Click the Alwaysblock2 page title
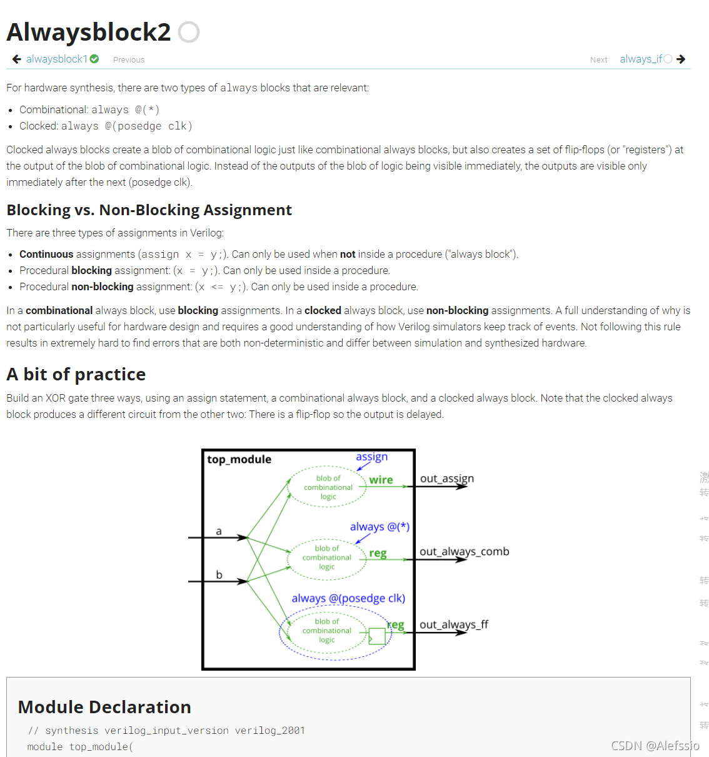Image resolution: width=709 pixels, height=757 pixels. pyautogui.click(x=88, y=33)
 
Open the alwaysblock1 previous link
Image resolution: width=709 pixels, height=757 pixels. pyautogui.click(x=56, y=59)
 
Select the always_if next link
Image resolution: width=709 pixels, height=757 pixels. pyautogui.click(x=640, y=59)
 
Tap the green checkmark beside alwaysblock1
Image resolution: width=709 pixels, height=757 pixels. pyautogui.click(x=94, y=59)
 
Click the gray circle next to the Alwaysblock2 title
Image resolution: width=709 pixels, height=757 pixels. pyautogui.click(x=189, y=32)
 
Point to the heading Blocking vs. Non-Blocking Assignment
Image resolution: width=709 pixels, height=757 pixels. pyautogui.click(x=149, y=210)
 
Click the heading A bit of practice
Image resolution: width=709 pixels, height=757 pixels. pyautogui.click(x=76, y=374)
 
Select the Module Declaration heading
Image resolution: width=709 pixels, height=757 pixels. pyautogui.click(x=104, y=707)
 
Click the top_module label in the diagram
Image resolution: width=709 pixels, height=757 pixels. pyautogui.click(x=239, y=459)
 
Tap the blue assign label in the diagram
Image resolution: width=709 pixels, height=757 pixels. pyautogui.click(x=371, y=457)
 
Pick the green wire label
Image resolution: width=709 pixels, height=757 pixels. pyautogui.click(x=381, y=480)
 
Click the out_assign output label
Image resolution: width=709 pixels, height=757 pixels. pyautogui.click(x=446, y=479)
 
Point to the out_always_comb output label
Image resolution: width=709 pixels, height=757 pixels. pyautogui.click(x=464, y=551)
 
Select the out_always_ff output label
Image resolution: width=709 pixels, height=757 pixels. pyautogui.click(x=453, y=624)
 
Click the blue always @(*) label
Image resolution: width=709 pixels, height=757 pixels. pyautogui.click(x=380, y=527)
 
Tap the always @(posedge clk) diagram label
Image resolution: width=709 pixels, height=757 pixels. pyautogui.click(x=348, y=598)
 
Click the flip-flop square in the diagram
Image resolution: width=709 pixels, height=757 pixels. pyautogui.click(x=377, y=636)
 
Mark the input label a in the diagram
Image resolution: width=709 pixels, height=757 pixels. pyautogui.click(x=219, y=531)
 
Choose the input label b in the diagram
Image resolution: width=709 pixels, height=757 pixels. pyautogui.click(x=219, y=574)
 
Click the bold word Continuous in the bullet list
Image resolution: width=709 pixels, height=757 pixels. pyautogui.click(x=46, y=254)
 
